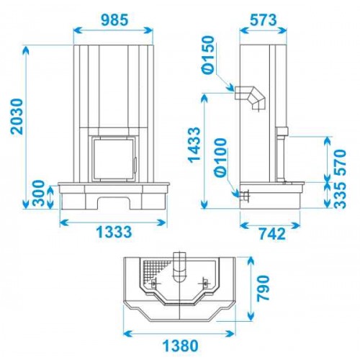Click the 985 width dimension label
click(x=114, y=20)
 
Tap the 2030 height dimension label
click(x=17, y=116)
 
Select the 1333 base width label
click(x=114, y=232)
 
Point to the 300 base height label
click(x=39, y=194)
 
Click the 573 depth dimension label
click(x=264, y=20)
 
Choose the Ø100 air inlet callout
click(x=221, y=156)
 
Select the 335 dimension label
click(x=340, y=194)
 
